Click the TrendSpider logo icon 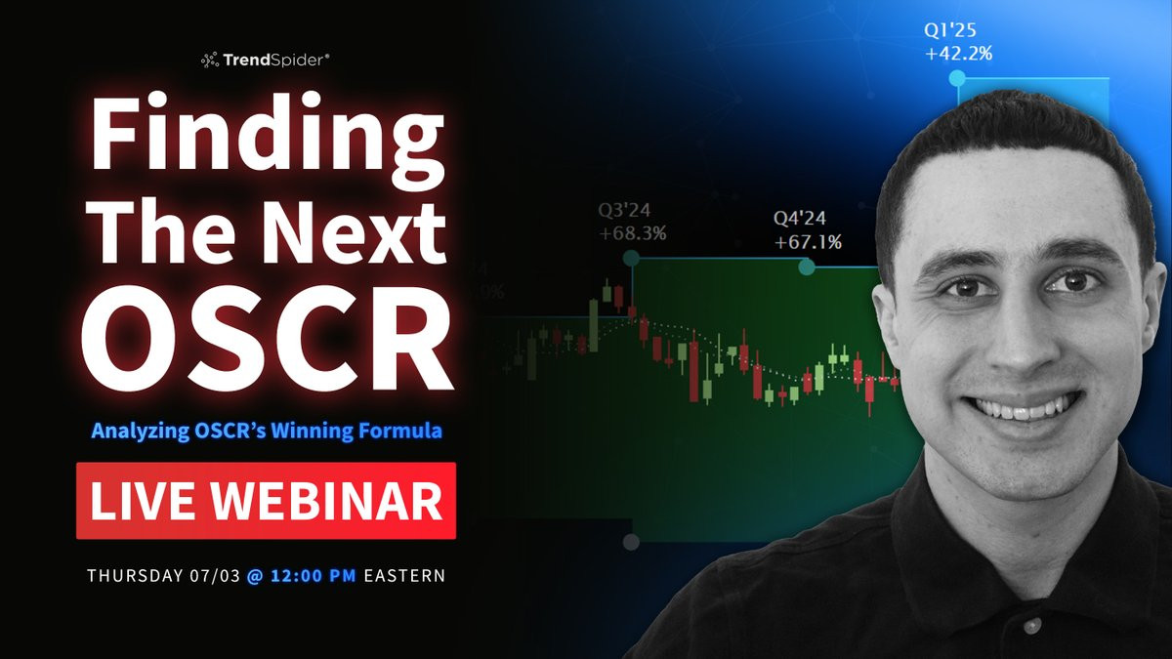210,61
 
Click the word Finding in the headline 268,138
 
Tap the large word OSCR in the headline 267,339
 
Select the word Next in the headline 355,234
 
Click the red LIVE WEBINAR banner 266,501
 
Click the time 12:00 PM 313,576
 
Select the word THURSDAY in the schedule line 135,576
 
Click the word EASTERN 404,576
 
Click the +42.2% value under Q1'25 958,54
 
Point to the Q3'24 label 624,210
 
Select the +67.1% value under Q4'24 808,242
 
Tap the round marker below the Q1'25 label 957,78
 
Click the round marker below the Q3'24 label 632,258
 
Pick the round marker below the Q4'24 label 807,267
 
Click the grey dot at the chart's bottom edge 632,542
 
